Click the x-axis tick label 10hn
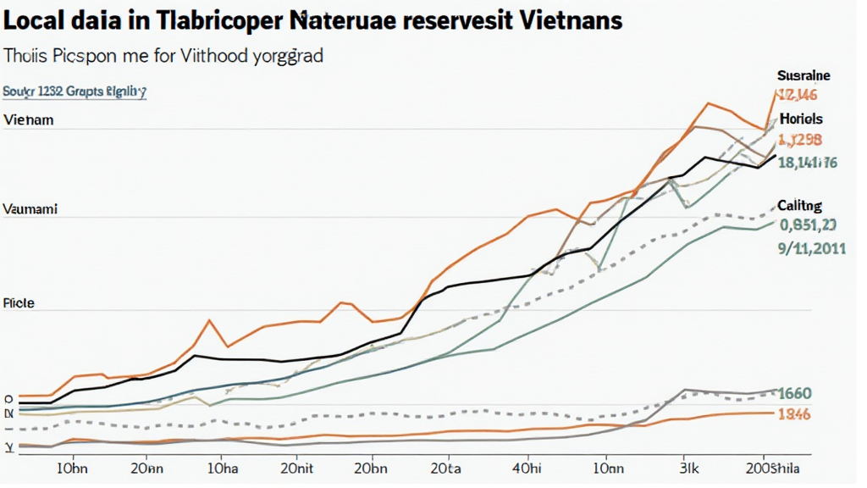73,467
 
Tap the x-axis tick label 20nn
148,467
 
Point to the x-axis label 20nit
298,467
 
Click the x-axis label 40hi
527,467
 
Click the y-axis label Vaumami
30,208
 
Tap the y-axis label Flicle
19,302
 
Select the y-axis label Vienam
28,120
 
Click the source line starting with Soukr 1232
75,90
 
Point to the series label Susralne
803,76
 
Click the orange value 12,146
798,96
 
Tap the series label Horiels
801,119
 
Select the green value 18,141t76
807,163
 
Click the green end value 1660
795,393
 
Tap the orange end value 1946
794,413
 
